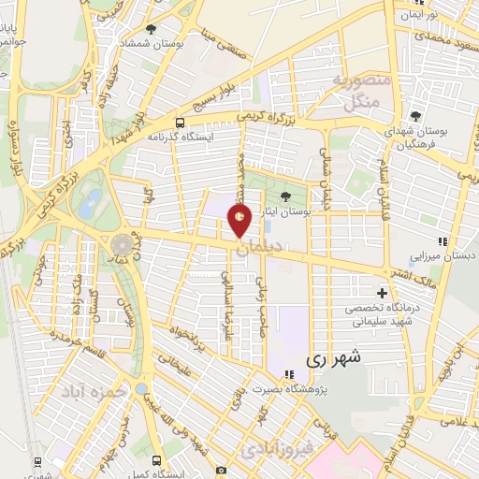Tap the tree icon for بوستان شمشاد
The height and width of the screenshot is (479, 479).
[x=152, y=30]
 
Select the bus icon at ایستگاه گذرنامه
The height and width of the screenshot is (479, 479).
[x=180, y=122]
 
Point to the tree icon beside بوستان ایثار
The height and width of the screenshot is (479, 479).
[x=285, y=195]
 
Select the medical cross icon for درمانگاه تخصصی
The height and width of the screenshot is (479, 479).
[x=381, y=293]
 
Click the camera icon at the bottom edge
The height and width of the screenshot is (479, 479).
[x=220, y=470]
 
